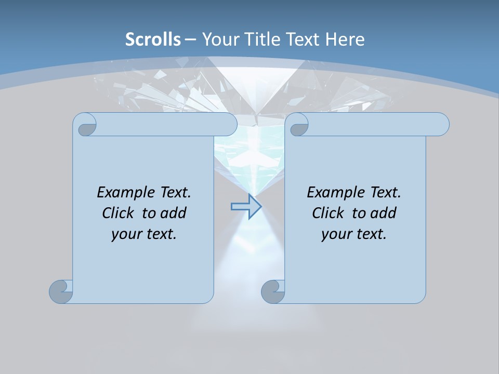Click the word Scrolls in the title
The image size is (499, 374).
[x=153, y=39]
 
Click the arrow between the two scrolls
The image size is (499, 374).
[x=246, y=207]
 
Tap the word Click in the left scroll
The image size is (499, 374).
[x=121, y=213]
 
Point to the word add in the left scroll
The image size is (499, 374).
[x=173, y=213]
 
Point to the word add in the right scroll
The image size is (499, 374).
[x=383, y=213]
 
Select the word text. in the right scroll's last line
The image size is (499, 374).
[x=370, y=234]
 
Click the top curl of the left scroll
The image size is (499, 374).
[x=85, y=125]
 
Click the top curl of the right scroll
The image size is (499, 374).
[x=298, y=125]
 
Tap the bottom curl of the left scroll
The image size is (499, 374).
[x=61, y=291]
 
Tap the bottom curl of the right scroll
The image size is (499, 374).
[x=273, y=291]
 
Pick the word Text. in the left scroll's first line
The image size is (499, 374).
[x=173, y=192]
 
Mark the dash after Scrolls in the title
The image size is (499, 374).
[x=190, y=39]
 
